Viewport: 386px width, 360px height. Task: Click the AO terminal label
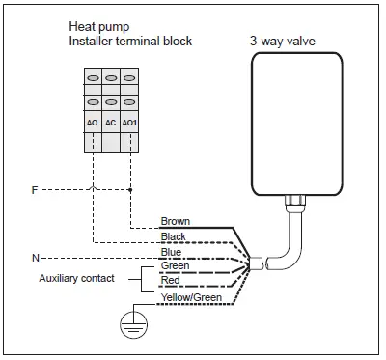92,124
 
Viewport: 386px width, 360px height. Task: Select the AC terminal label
110,124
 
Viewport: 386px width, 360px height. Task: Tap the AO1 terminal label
129,124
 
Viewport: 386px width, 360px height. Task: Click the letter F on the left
35,190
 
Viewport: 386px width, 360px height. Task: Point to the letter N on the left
35,259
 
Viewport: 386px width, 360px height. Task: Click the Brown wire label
176,221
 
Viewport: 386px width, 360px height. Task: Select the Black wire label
174,236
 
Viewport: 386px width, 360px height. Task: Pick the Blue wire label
171,252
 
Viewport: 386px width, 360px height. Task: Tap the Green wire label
175,265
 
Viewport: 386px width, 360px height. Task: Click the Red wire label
171,280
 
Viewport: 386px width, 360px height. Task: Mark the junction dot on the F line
129,190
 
